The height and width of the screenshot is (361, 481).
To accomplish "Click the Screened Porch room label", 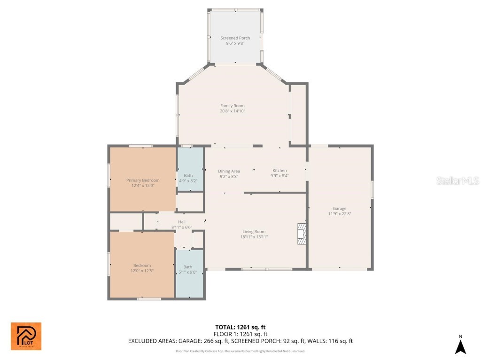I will click(x=235, y=38).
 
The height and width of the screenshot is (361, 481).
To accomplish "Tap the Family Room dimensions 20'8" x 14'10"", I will click(x=233, y=111).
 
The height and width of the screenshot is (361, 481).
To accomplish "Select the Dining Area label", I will click(x=229, y=171).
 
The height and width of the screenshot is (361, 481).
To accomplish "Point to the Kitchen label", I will click(x=279, y=171).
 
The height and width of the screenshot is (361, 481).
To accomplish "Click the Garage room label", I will click(x=340, y=208).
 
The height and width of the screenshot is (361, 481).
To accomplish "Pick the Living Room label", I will click(x=254, y=231).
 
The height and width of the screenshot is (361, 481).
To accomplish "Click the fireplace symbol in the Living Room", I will click(x=301, y=234).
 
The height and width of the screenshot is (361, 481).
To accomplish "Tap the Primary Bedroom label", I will click(x=143, y=180).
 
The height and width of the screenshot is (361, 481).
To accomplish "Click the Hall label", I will click(x=182, y=222).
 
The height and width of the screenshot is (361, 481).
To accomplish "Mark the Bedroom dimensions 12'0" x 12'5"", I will click(x=142, y=271).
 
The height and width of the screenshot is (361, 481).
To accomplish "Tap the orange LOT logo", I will click(x=26, y=337).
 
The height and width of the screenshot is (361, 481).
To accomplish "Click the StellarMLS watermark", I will click(x=457, y=180).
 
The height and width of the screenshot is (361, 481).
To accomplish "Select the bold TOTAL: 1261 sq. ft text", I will click(x=240, y=327).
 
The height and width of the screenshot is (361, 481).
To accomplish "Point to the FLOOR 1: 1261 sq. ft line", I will click(x=240, y=334).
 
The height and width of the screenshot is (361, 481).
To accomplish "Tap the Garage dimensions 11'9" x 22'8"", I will click(x=340, y=214).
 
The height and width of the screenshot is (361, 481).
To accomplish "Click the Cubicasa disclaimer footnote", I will click(x=240, y=351).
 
